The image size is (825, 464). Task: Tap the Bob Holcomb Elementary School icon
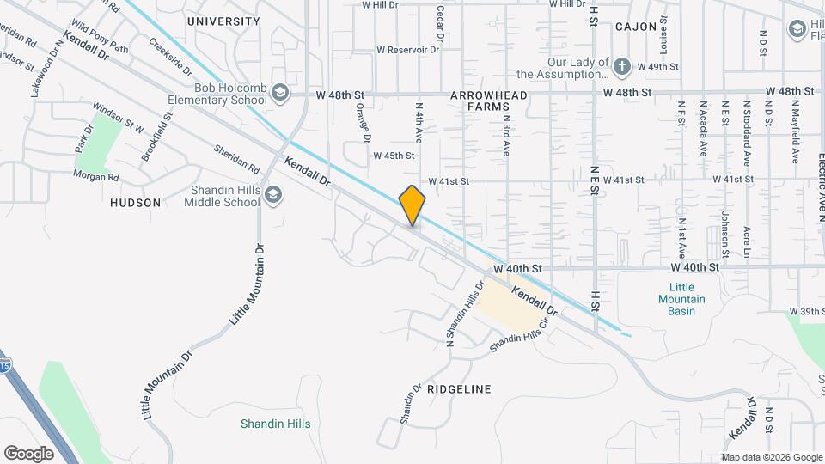click(280, 92)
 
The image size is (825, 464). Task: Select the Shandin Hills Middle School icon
click(273, 196)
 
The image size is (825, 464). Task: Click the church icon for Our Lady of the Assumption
click(622, 65)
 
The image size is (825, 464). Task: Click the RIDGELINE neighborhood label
click(459, 389)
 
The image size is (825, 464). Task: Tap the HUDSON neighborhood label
click(136, 203)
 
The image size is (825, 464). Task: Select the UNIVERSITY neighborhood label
click(223, 21)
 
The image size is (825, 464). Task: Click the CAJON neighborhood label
click(636, 27)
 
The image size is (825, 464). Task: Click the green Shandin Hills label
click(275, 424)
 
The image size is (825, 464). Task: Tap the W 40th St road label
click(517, 269)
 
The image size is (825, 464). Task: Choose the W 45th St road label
click(394, 156)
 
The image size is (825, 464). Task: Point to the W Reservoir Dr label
click(407, 50)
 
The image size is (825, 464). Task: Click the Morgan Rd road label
click(95, 177)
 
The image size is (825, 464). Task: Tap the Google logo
click(28, 453)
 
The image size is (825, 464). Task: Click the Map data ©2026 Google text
click(771, 457)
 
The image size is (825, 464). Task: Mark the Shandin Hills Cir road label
click(519, 336)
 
